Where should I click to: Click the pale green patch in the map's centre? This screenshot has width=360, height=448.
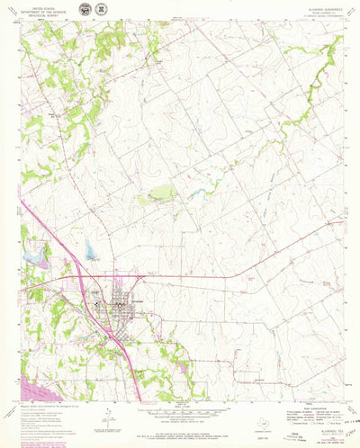[162, 193]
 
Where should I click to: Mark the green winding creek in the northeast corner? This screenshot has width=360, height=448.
[306, 99]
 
